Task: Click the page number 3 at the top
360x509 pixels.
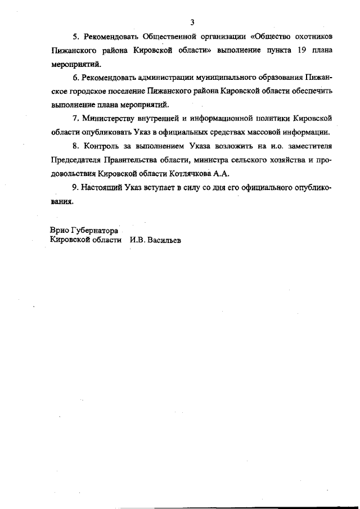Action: click(192, 22)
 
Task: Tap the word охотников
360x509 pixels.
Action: click(311, 37)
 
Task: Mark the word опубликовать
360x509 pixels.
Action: click(106, 132)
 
